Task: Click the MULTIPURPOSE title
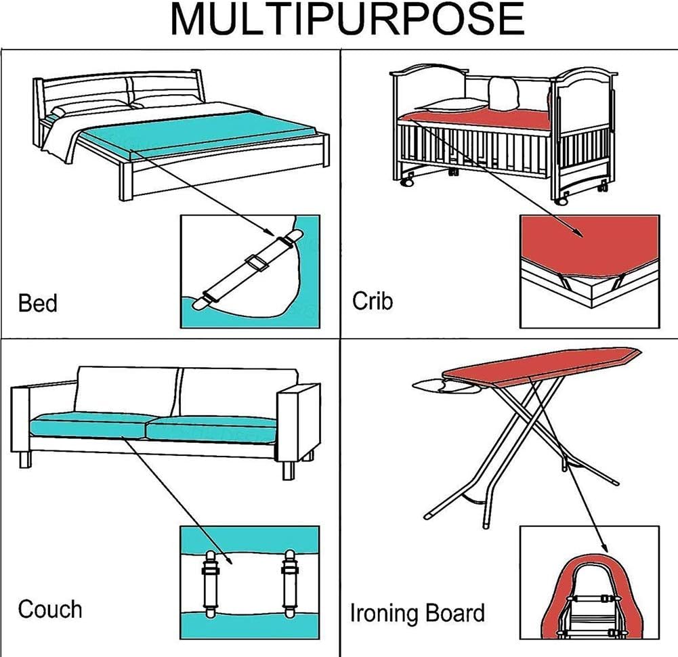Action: (x=347, y=20)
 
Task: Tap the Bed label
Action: (x=38, y=303)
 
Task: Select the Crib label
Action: (x=372, y=301)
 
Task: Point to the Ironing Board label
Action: (x=417, y=614)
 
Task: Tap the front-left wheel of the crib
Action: (x=408, y=182)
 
